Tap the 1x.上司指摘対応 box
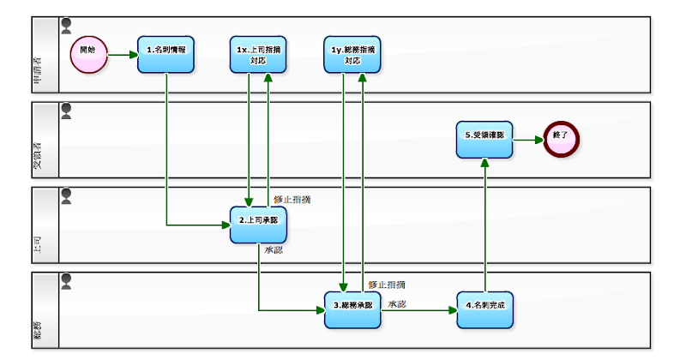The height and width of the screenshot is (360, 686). [259, 54]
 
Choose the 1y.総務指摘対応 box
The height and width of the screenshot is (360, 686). [352, 54]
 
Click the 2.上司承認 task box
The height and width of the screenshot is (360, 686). [259, 224]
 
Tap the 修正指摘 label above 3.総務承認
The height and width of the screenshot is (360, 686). [387, 284]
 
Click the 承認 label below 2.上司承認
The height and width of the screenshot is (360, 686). [274, 250]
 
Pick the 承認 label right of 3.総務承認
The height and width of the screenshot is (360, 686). [396, 303]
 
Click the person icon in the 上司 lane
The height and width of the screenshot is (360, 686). [66, 195]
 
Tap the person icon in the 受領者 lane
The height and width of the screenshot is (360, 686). [66, 111]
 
